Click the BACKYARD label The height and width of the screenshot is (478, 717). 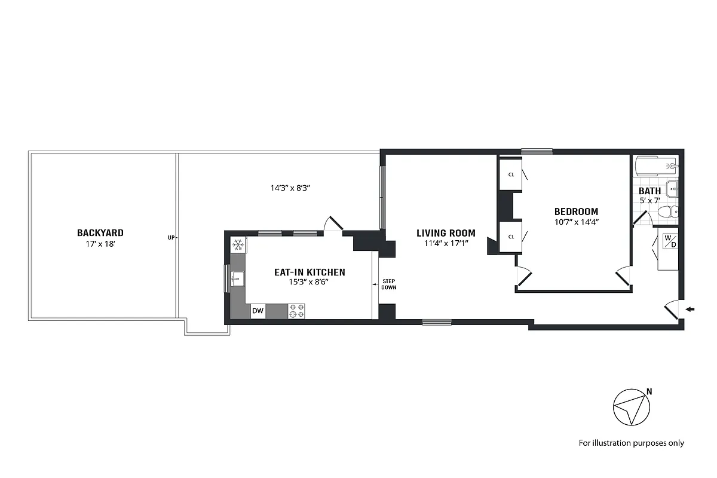pos(100,232)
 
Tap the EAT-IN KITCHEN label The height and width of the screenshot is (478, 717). pos(310,272)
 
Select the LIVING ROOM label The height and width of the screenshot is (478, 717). pos(446,233)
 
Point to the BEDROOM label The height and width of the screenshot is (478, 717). pos(576,212)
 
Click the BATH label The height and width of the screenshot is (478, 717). pos(649,191)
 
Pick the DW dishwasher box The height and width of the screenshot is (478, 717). pos(258,311)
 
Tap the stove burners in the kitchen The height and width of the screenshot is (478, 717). pos(297,311)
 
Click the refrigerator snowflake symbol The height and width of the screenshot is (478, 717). pos(238,244)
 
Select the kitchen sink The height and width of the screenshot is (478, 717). pos(237,277)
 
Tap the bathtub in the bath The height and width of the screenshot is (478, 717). pos(656,164)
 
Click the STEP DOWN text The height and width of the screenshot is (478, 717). pos(389,284)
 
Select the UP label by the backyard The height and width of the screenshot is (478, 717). pos(171,237)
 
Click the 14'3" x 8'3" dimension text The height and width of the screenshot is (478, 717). pos(290,188)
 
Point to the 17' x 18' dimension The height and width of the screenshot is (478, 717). pos(100,244)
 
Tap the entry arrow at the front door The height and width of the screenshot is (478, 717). pos(691,309)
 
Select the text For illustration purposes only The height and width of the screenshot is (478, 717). pos(631,443)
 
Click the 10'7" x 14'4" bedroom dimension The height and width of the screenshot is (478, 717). pos(576,222)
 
